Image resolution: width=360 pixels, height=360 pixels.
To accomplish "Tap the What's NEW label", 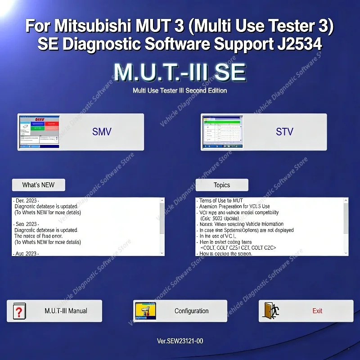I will click(x=38, y=185).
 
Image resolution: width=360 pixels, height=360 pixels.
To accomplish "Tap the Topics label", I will click(x=222, y=185).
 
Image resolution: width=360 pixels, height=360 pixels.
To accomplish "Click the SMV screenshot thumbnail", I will click(x=39, y=132).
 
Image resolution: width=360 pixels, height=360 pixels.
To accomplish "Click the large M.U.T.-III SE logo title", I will click(x=180, y=72).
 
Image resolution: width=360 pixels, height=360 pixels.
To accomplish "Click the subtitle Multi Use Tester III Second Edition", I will click(x=180, y=90).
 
